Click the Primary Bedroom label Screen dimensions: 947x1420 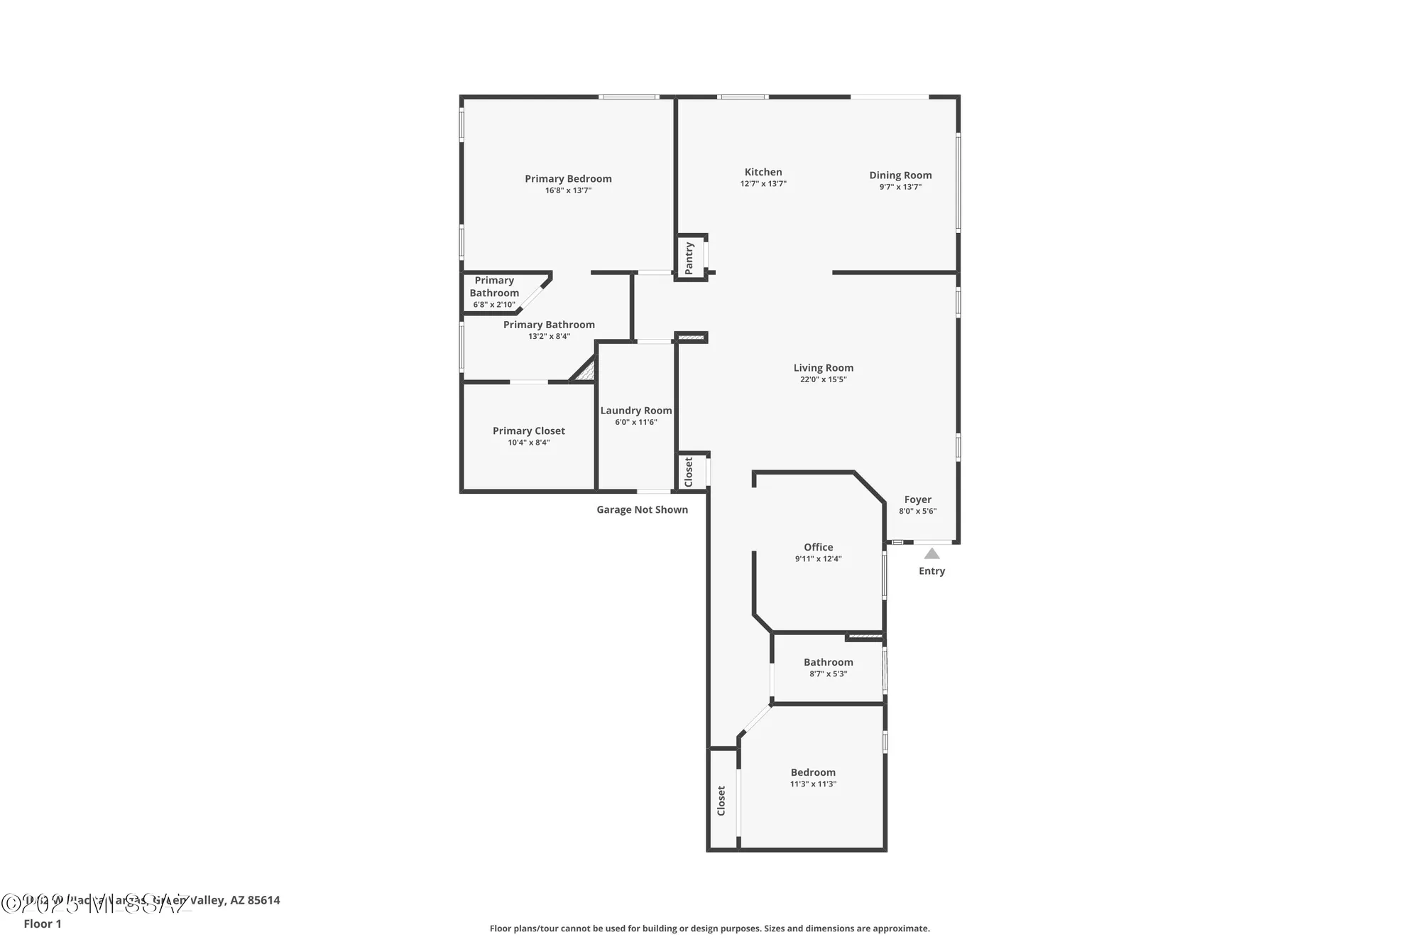568,179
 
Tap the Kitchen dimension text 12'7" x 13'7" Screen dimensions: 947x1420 763,184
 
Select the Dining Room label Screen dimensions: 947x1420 900,175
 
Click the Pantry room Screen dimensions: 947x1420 689,258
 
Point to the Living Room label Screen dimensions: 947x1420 823,368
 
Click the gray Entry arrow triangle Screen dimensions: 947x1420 932,553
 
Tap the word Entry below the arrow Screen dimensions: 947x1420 932,571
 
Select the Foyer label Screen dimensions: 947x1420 917,499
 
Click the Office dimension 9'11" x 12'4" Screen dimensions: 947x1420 818,559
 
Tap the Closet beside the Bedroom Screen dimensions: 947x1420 722,800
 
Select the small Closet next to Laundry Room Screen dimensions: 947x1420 689,472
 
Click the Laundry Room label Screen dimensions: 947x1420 636,411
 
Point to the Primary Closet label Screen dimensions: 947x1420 529,431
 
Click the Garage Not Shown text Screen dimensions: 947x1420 642,509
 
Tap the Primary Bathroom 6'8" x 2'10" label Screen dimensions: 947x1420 494,292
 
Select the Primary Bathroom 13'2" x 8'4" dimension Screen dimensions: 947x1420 549,337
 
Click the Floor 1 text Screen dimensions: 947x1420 43,924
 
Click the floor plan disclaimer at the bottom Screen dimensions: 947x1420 709,929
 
